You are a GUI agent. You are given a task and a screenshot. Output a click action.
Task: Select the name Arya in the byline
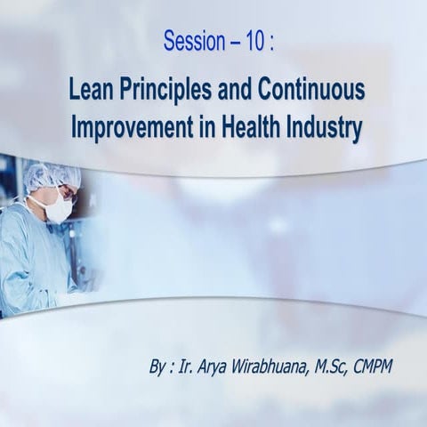[x=233, y=366]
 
